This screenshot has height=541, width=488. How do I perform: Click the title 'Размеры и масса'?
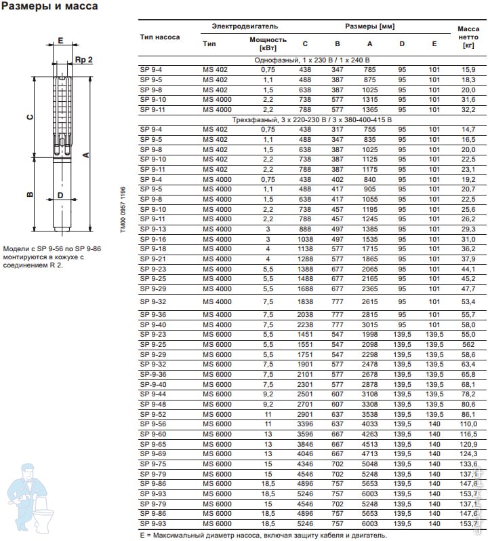[x=50, y=7]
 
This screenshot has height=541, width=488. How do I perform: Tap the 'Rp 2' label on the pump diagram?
[x=84, y=60]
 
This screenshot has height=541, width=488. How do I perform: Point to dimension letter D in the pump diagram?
[x=60, y=195]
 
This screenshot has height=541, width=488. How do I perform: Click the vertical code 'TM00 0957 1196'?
[x=123, y=210]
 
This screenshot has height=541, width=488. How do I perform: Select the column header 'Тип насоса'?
[x=160, y=37]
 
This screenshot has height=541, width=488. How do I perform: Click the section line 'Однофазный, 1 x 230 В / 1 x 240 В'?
[x=311, y=60]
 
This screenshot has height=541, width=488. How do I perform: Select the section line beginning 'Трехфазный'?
[x=311, y=119]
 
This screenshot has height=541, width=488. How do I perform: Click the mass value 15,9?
[x=468, y=70]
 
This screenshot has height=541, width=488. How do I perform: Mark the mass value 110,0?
[x=468, y=424]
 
